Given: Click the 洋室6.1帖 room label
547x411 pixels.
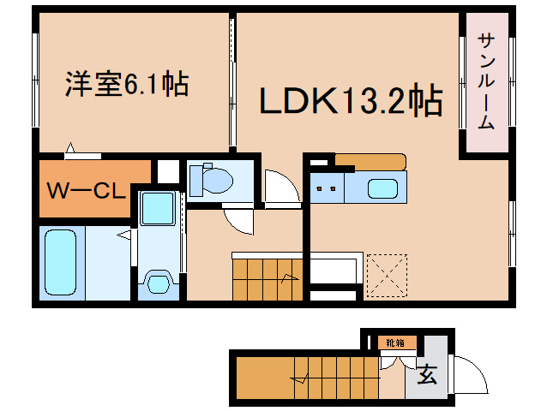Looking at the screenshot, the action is click(127, 84).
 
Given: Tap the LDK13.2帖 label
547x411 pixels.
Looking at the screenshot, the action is click(352, 100).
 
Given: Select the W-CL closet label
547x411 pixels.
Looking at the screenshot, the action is click(87, 190).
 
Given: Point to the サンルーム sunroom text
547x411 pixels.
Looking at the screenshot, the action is click(486, 81).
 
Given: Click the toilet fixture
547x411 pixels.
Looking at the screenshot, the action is click(211, 180).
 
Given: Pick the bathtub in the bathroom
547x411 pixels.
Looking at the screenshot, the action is click(60, 262).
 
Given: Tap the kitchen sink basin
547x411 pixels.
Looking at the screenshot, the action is click(382, 188).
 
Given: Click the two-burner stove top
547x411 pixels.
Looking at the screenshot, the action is click(327, 188).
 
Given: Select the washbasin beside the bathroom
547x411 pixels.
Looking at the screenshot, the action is click(159, 284).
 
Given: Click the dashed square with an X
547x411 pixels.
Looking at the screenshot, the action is click(387, 276).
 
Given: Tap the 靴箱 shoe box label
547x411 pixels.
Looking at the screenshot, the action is click(395, 342).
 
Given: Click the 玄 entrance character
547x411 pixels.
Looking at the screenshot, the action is click(427, 374).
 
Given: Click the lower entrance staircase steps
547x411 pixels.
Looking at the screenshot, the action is click(337, 378).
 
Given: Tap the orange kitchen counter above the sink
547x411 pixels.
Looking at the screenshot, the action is click(370, 162).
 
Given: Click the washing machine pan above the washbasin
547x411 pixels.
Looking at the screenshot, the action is click(158, 209).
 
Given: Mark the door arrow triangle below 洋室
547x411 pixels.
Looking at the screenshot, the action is click(70, 147).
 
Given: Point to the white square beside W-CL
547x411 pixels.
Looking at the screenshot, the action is click(168, 171).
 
